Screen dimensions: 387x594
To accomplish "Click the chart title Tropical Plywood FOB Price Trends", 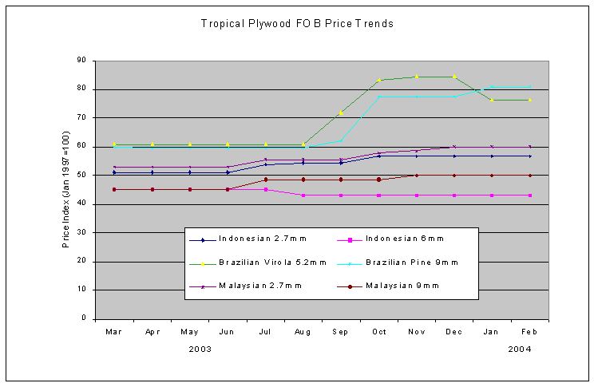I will (x=297, y=24).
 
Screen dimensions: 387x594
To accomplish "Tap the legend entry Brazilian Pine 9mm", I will (x=411, y=262).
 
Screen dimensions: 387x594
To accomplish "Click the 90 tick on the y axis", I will (x=81, y=61).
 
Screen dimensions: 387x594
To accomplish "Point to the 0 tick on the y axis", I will (x=84, y=318).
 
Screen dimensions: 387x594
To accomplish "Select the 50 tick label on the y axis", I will (x=81, y=176).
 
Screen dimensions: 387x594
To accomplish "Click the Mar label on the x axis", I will (x=114, y=331).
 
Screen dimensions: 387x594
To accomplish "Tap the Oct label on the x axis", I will (x=379, y=331).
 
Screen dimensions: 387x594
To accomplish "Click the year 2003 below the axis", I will (x=200, y=349).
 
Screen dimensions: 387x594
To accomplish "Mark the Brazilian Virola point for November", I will (x=417, y=77).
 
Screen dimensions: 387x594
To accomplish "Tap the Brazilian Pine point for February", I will (x=530, y=87).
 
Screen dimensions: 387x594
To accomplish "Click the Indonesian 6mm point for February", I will (x=530, y=195).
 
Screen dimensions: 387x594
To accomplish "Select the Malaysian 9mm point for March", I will (x=114, y=189).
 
